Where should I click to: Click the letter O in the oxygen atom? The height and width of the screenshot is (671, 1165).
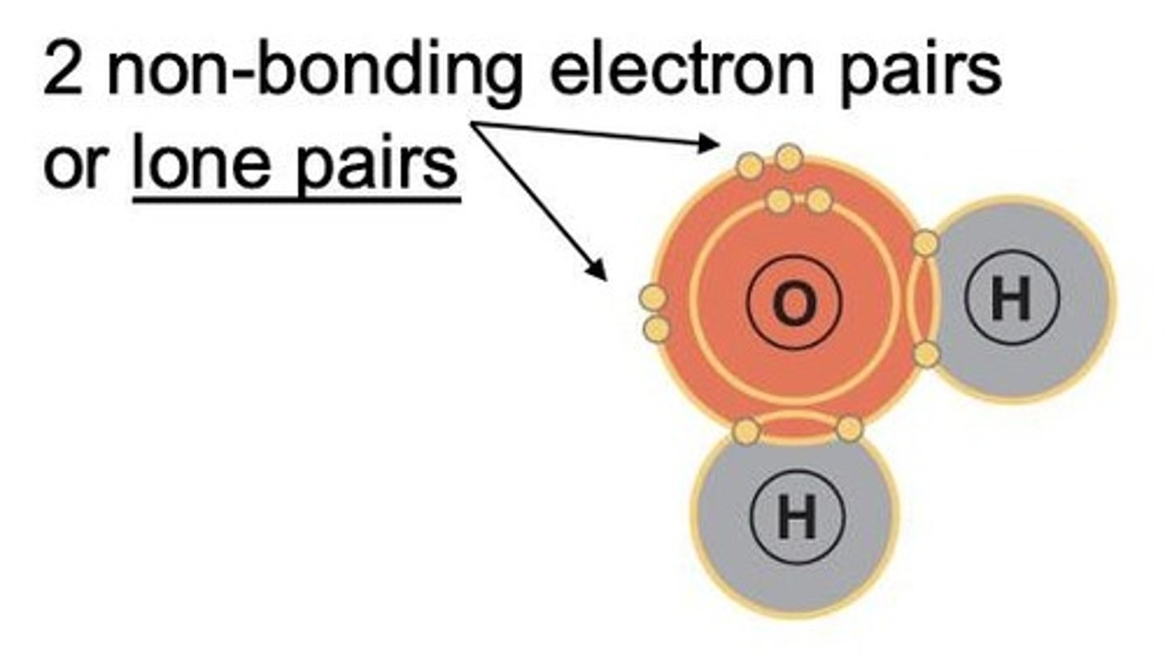tap(794, 304)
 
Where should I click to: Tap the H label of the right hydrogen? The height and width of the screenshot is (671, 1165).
tap(1010, 299)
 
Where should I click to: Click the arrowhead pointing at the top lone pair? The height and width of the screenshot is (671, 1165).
tap(711, 144)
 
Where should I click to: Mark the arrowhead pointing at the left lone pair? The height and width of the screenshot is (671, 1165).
tap(599, 272)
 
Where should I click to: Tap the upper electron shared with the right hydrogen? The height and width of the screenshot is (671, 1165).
tap(926, 242)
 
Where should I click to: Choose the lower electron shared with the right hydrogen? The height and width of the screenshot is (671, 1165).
tap(928, 353)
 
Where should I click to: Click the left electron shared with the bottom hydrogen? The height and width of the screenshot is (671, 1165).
tap(745, 431)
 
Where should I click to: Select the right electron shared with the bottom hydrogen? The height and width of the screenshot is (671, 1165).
tap(849, 429)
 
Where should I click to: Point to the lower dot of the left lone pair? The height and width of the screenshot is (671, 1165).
tap(656, 329)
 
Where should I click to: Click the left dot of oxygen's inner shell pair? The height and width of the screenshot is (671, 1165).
tap(778, 200)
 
